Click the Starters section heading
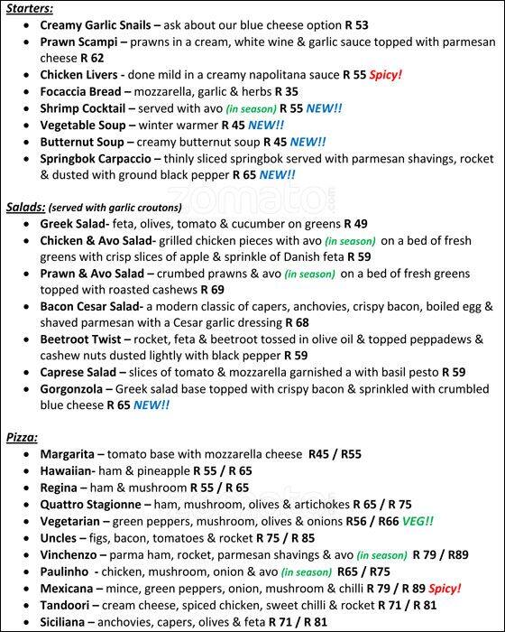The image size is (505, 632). coord(28,8)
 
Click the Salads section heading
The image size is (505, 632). coord(25,206)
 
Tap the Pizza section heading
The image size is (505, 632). coord(22,437)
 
